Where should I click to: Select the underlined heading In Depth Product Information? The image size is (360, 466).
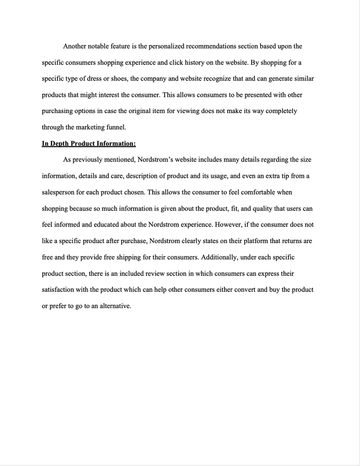tap(89, 144)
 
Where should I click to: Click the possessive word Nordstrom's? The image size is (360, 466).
tap(157, 160)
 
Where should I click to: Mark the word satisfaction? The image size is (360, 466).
tap(58, 290)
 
